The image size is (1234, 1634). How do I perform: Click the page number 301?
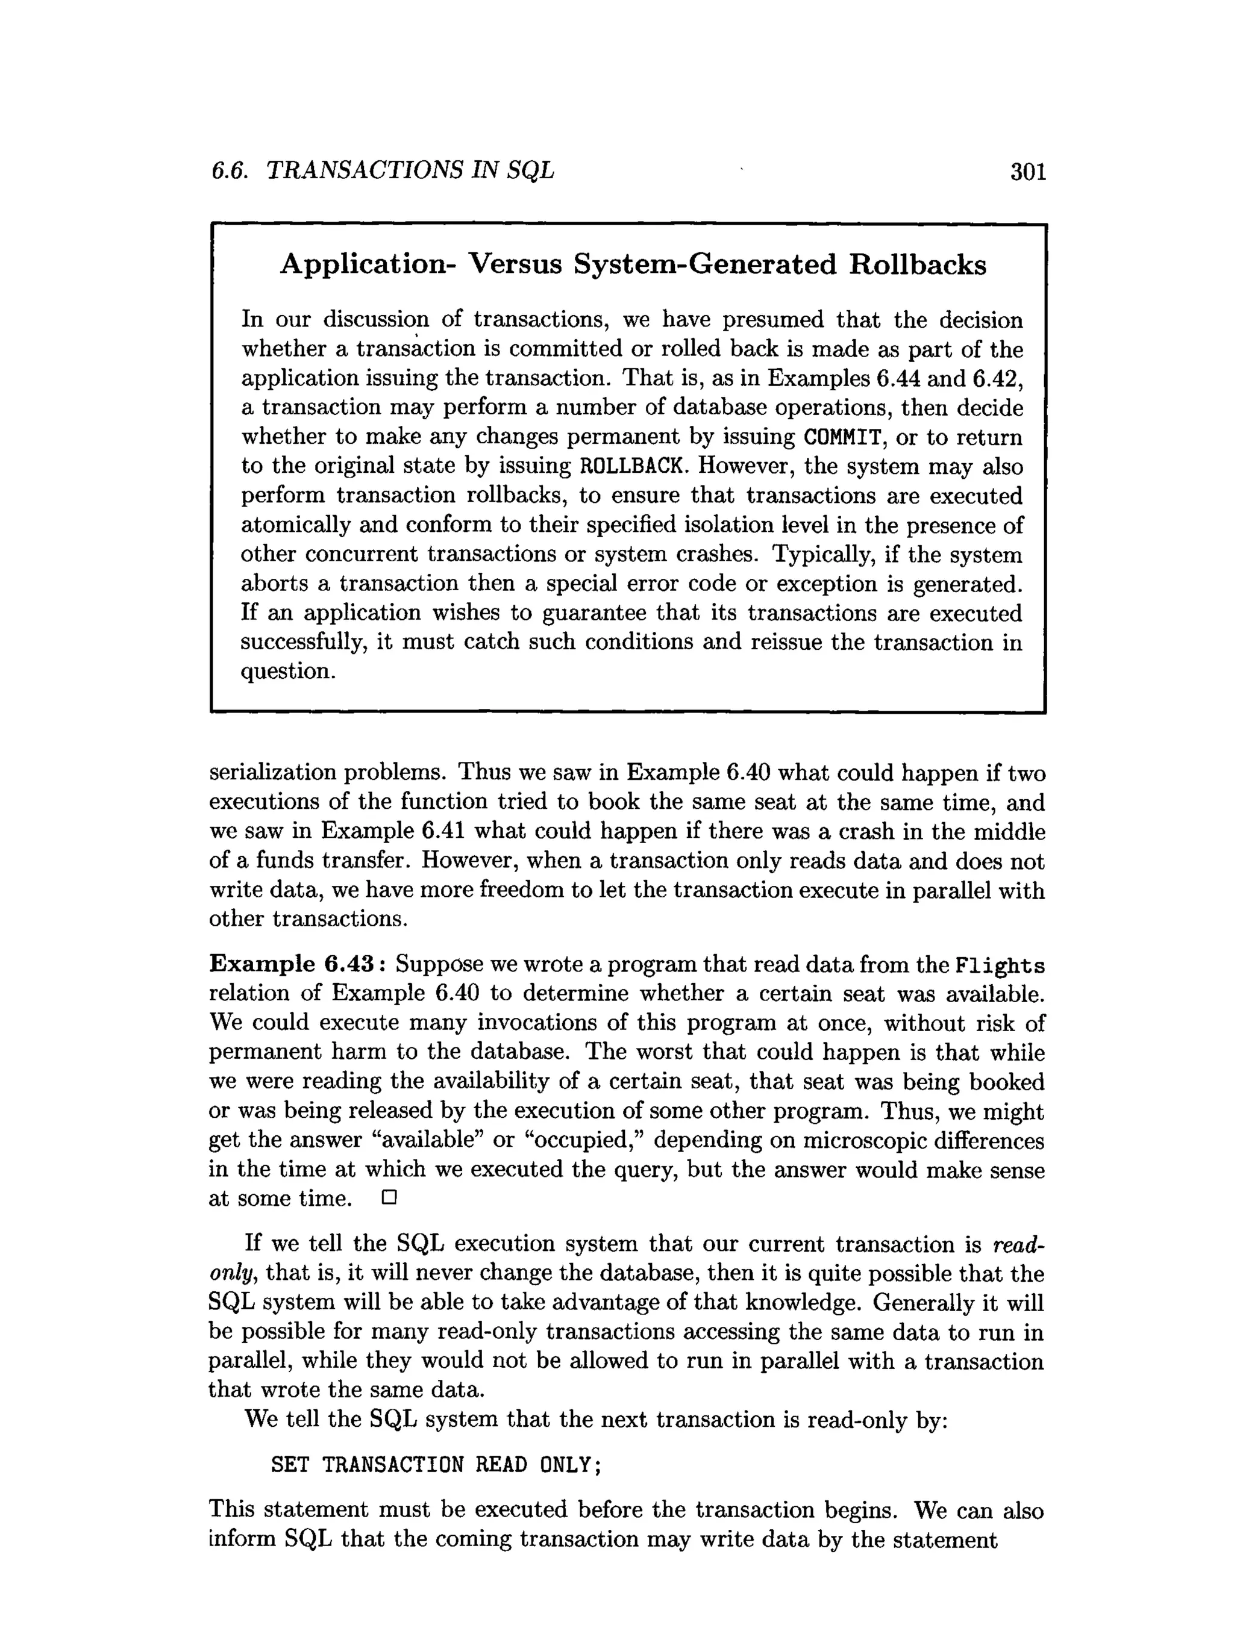click(1028, 172)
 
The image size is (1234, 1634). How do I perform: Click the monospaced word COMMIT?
click(842, 438)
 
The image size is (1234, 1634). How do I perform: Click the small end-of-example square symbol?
click(389, 1197)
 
